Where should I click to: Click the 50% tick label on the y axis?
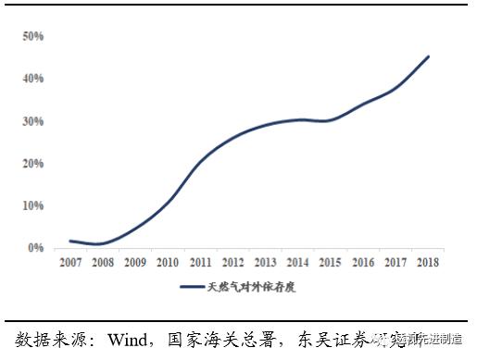coord(33,36)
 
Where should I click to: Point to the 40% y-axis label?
coord(33,79)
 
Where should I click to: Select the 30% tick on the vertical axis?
coord(33,121)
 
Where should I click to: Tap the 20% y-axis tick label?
coord(33,164)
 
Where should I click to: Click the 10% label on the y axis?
coord(33,205)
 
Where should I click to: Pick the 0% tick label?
coord(37,248)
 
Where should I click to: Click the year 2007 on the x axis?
coord(69,263)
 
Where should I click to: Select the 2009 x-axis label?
coord(135,263)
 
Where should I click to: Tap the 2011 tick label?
coord(200,263)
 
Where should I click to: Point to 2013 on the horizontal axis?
coord(266,263)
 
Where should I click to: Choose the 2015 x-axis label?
coord(331,263)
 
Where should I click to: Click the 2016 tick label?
coord(363,263)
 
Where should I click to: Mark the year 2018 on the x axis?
coord(428,263)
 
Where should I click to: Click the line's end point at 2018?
coord(428,56)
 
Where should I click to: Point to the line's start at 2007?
coord(70,241)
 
